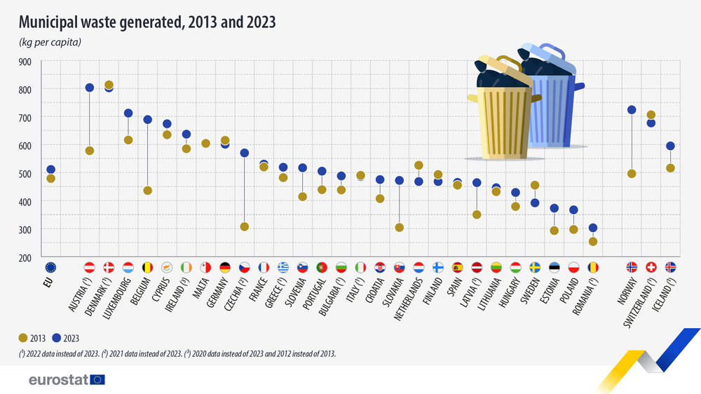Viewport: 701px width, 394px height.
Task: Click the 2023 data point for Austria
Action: (90, 88)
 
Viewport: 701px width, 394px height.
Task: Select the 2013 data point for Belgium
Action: (148, 191)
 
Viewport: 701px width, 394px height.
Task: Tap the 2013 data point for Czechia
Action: (245, 226)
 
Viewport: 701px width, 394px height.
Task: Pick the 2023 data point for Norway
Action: (632, 110)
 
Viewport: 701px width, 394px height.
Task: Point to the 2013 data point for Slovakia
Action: (400, 227)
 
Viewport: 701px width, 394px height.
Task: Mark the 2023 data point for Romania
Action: (593, 228)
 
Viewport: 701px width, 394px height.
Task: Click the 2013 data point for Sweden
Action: (535, 186)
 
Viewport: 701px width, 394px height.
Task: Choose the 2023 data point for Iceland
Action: (670, 146)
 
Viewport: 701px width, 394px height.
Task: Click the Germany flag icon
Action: (225, 267)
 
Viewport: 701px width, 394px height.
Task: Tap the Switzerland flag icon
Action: (651, 267)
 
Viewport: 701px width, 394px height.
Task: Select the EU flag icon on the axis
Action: (50, 267)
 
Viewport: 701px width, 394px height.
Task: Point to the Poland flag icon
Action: (573, 267)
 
